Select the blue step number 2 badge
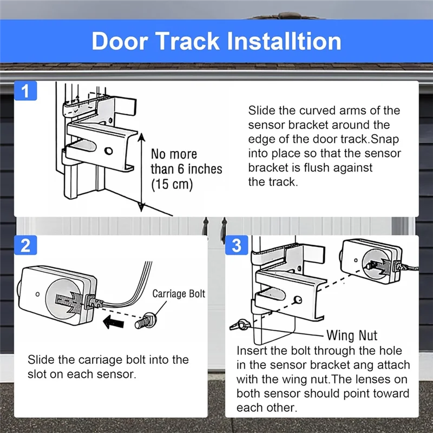click(25, 246)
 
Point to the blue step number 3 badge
click(236, 246)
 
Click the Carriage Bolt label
click(179, 294)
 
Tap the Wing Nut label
click(352, 336)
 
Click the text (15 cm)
click(172, 184)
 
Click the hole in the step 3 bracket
click(298, 299)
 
